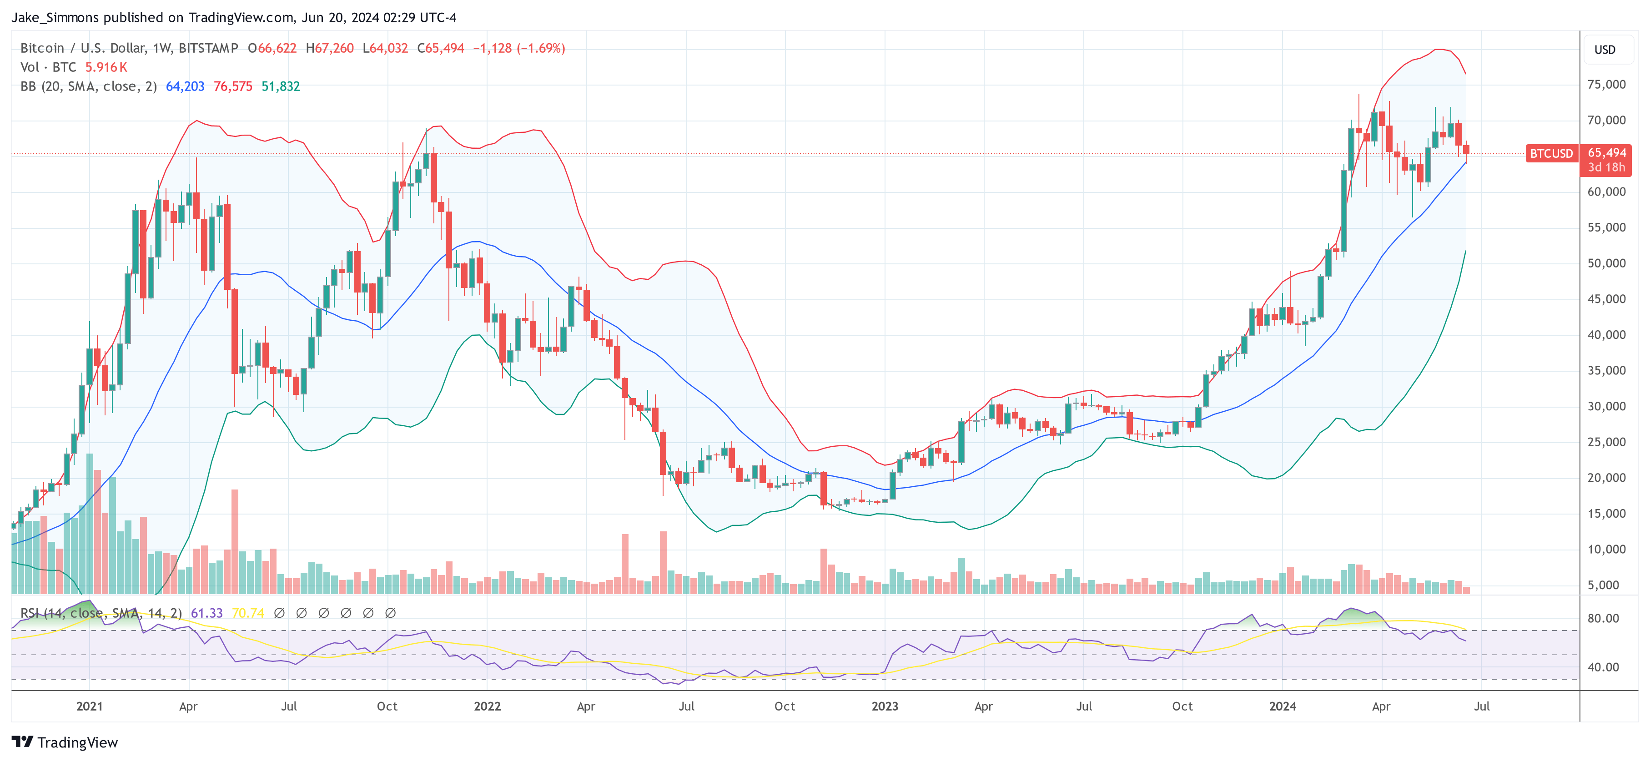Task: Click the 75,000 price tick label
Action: click(1606, 85)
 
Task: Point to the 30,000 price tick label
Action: click(1606, 406)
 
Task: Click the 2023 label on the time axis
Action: click(885, 706)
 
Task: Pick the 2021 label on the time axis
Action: click(89, 706)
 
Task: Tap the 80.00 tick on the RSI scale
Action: click(1603, 618)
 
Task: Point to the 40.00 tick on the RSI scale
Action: click(1603, 667)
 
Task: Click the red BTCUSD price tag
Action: click(1551, 154)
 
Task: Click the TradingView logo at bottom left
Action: click(65, 742)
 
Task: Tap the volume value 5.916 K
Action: click(106, 67)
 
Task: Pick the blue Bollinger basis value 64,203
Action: click(185, 86)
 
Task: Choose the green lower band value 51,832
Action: click(281, 86)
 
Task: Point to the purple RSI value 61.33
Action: click(207, 613)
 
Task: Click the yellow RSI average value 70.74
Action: click(248, 613)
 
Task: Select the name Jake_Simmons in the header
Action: click(55, 17)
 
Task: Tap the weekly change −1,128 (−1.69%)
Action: click(519, 48)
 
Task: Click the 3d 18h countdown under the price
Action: click(1606, 167)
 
